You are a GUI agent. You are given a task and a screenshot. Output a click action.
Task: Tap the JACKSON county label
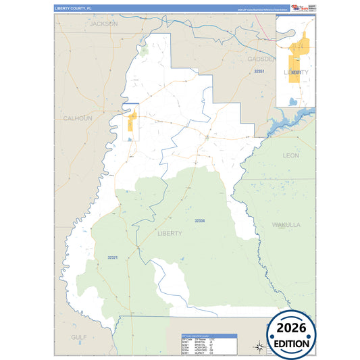pyautogui.click(x=103, y=23)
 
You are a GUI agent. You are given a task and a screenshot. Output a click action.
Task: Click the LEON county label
pyautogui.click(x=290, y=155)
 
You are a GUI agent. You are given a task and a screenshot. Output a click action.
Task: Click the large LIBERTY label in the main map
pyautogui.click(x=169, y=233)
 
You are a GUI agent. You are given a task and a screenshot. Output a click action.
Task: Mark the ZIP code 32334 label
pyautogui.click(x=199, y=221)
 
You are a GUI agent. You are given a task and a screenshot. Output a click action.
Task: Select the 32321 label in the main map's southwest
pyautogui.click(x=113, y=257)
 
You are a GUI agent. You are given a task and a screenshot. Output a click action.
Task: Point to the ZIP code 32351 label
pyautogui.click(x=259, y=71)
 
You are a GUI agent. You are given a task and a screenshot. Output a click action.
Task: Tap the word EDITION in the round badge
pyautogui.click(x=292, y=342)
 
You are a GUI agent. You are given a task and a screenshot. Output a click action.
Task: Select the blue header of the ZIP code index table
pyautogui.click(x=209, y=335)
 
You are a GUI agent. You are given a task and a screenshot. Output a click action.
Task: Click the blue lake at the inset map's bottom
pyautogui.click(x=292, y=101)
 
